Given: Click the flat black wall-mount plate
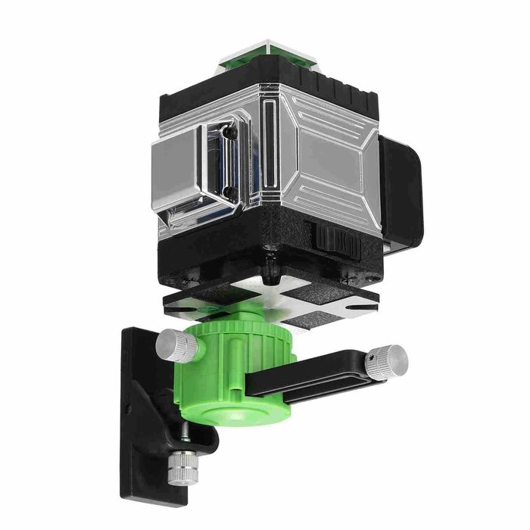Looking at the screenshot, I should (x=140, y=401).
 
